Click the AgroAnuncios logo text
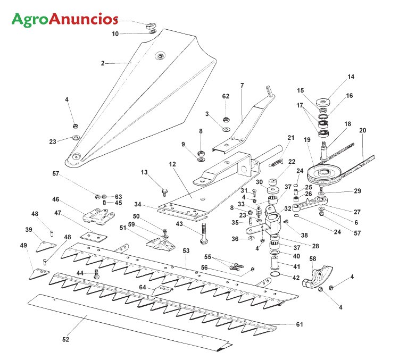point(64,19)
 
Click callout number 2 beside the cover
point(102,63)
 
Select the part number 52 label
point(65,339)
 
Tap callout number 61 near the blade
point(299,324)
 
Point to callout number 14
point(351,77)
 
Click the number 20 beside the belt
point(362,130)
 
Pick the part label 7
point(242,86)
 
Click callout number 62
point(226,96)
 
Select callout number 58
point(313,258)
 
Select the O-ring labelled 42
point(275,275)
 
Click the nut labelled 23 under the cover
point(75,138)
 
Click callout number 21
point(290,138)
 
